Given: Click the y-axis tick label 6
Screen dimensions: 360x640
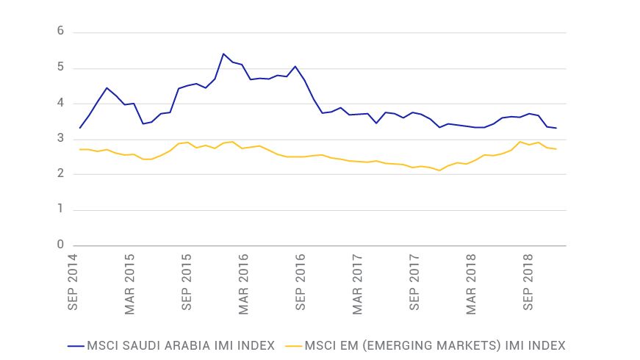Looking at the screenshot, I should pos(61,32).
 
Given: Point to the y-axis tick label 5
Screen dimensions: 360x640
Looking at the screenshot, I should pos(61,68).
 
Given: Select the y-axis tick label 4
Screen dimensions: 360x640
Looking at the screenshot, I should pos(61,103).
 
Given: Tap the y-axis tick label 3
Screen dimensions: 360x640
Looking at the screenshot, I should pos(61,139).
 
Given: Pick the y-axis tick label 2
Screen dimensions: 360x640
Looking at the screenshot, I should pos(61,174).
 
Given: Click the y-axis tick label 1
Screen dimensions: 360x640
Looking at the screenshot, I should pos(61,209).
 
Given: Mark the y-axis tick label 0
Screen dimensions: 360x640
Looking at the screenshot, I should pos(61,245).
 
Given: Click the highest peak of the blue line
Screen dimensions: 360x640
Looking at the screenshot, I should pos(223,54).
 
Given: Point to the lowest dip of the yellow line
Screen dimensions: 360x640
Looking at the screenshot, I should pos(439,170).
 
